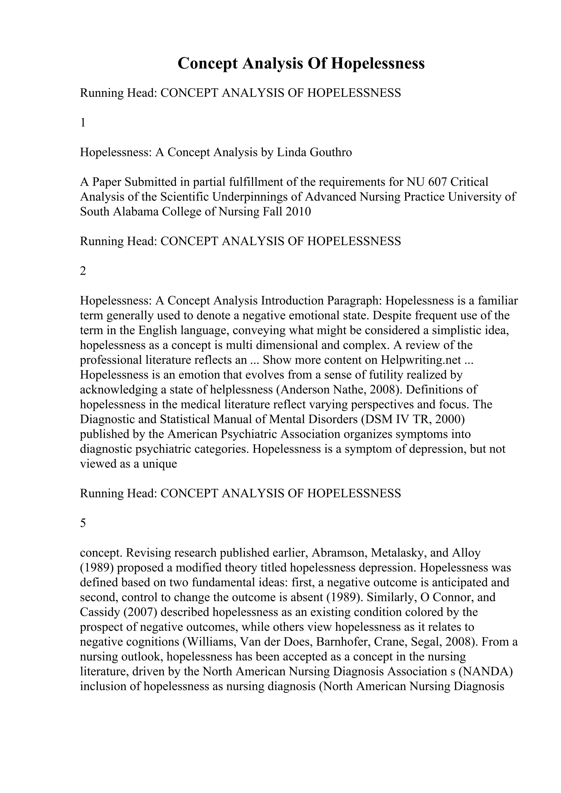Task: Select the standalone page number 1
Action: tap(83, 123)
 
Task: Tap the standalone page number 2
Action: tap(83, 271)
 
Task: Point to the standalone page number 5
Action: tap(83, 523)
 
